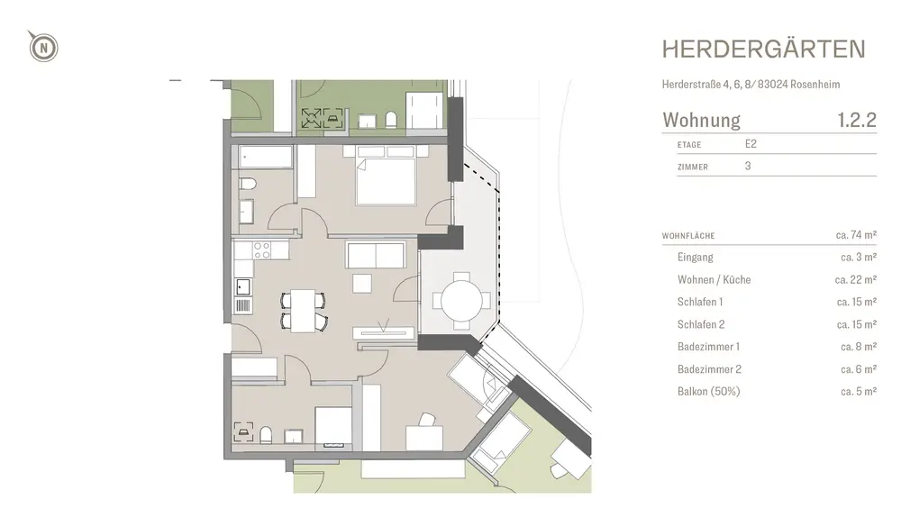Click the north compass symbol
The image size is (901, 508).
[x=43, y=47]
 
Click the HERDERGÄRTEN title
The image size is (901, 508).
[x=764, y=50]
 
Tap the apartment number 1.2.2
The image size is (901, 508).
[x=857, y=120]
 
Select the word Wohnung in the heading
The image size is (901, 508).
[x=701, y=120]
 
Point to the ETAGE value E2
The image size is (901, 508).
[x=751, y=144]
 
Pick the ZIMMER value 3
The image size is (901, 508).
[x=748, y=166]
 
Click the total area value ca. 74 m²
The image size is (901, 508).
[x=856, y=234]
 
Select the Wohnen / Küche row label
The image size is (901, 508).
[x=714, y=280]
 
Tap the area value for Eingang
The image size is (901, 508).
[x=859, y=257]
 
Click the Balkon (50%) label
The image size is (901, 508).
[x=708, y=391]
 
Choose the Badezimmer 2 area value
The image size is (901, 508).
[x=859, y=369]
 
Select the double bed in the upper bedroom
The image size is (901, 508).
[x=386, y=176]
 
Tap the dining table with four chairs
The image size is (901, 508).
[x=303, y=311]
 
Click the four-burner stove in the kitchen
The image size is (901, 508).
[x=262, y=250]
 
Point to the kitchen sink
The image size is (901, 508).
[x=243, y=286]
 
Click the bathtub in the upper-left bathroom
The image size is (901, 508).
[x=266, y=157]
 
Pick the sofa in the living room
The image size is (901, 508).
[x=376, y=255]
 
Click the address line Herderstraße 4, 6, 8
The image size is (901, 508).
[x=708, y=85]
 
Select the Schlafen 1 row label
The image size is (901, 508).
[x=700, y=302]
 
